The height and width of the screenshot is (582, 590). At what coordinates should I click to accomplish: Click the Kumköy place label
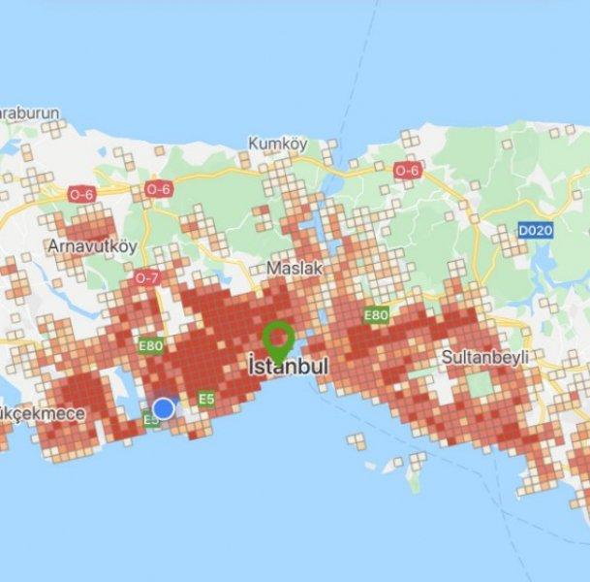[x=277, y=144]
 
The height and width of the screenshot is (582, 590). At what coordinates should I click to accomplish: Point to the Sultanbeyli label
[x=484, y=356]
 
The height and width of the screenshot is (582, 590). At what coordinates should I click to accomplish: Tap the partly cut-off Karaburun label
[x=29, y=113]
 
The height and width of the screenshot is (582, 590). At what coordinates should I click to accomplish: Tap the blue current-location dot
[x=165, y=407]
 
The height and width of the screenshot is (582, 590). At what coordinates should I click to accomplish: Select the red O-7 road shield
[x=147, y=278]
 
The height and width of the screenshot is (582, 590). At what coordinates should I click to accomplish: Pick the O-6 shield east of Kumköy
[x=407, y=170]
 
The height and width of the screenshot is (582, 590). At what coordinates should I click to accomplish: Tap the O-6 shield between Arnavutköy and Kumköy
[x=157, y=190]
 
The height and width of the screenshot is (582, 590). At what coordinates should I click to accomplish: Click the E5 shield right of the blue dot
[x=205, y=399]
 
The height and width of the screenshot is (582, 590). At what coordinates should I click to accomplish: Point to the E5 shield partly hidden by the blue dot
[x=150, y=419]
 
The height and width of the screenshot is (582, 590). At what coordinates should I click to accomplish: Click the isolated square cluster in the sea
[x=357, y=440]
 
